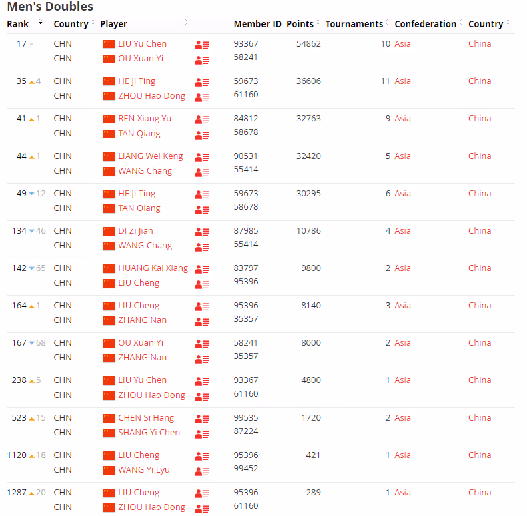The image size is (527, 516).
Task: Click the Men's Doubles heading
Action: click(50, 7)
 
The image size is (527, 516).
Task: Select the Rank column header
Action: click(18, 24)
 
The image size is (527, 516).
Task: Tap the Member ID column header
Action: click(257, 24)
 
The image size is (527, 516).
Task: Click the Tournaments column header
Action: click(354, 24)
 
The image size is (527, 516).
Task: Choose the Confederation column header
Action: click(425, 24)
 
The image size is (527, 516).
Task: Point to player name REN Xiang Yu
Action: click(145, 119)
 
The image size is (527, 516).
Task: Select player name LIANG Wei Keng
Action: click(151, 156)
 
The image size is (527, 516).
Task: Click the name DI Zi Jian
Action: click(135, 231)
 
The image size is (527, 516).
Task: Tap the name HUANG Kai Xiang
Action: click(153, 268)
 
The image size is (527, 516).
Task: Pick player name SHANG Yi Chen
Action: click(149, 433)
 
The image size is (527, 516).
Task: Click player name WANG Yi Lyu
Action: click(144, 470)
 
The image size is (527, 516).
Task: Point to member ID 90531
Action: click(246, 156)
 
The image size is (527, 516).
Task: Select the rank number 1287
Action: click(17, 493)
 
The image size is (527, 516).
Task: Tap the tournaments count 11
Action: click(385, 81)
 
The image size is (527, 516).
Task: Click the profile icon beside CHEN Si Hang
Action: click(202, 419)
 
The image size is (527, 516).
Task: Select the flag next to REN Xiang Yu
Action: click(109, 119)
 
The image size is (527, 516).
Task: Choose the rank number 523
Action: click(19, 418)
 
